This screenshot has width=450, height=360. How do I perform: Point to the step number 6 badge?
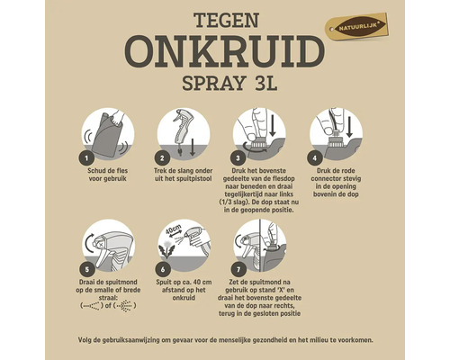click(x=163, y=267)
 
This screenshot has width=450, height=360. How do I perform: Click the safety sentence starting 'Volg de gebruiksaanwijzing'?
click(x=224, y=341)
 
